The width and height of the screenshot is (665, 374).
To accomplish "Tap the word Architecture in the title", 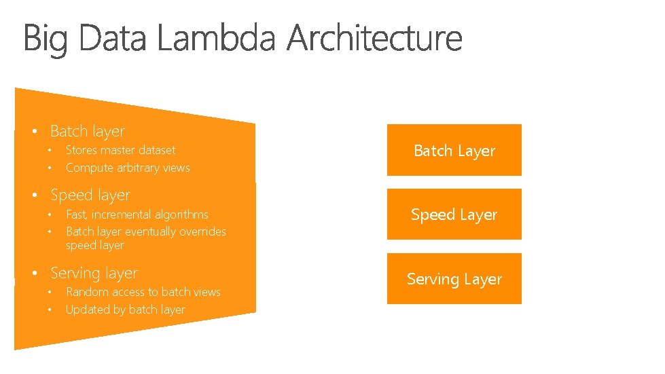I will [x=374, y=39].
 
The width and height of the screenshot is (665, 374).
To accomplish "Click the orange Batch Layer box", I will [x=454, y=151].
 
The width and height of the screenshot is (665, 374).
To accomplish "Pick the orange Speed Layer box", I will [x=454, y=214].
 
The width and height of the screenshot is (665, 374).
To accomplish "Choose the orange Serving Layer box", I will [x=454, y=279].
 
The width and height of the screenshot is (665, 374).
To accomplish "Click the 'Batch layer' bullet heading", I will [x=87, y=131].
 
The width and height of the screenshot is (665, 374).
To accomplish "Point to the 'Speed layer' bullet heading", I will [x=90, y=195].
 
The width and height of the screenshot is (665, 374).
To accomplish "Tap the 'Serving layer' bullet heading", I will [x=94, y=274].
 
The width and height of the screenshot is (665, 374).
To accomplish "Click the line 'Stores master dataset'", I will [x=120, y=150].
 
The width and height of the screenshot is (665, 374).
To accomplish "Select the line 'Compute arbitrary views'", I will [x=128, y=168].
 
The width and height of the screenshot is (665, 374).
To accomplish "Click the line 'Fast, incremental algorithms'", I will [x=137, y=214].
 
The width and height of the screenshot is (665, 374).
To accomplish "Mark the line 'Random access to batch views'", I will [x=143, y=292].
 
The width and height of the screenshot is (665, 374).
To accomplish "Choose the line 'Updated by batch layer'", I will [x=125, y=310].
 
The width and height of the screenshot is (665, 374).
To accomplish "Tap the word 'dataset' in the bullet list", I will [x=157, y=150].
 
